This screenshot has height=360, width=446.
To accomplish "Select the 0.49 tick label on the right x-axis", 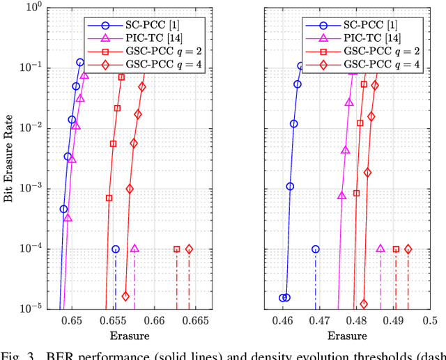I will click(x=394, y=321).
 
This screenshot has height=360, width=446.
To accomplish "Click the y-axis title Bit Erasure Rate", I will click(x=9, y=158).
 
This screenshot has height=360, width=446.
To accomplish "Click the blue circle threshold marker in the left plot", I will click(x=116, y=249).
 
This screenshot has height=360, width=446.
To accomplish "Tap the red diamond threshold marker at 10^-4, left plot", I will click(x=189, y=249).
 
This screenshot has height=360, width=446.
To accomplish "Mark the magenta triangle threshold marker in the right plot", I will click(x=380, y=249).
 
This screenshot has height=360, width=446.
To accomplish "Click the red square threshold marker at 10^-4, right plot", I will click(x=396, y=249).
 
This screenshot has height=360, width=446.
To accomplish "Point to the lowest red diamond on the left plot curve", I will click(x=125, y=296).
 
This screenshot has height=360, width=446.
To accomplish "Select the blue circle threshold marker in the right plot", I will click(x=316, y=249).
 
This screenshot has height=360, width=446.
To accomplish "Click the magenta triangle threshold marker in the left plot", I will click(x=134, y=249).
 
